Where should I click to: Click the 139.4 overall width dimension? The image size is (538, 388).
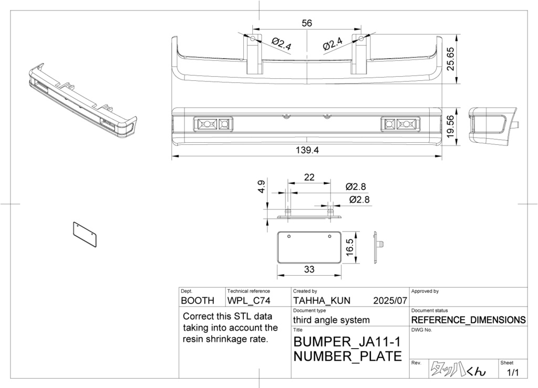(307, 150)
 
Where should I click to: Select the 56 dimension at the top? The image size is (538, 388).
(307, 23)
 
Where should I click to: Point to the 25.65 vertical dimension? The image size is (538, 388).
(450, 59)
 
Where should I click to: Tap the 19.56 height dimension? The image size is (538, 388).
(450, 126)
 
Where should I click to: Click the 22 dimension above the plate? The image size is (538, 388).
(309, 177)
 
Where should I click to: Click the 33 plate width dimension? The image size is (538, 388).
(309, 269)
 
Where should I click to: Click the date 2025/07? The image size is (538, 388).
(390, 301)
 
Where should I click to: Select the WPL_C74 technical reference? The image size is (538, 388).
(249, 301)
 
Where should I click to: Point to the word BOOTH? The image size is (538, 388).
(198, 301)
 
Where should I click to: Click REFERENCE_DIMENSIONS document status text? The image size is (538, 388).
(468, 320)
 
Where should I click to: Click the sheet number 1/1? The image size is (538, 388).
(512, 373)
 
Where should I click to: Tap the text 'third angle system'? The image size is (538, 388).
(331, 320)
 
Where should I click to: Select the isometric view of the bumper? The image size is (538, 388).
(81, 101)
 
